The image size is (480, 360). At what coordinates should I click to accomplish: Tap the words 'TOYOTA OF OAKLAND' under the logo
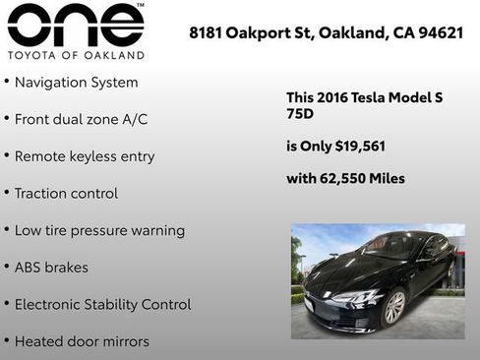(75, 55)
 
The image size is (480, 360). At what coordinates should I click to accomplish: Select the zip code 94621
(441, 32)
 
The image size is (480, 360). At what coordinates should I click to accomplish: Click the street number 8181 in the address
(206, 32)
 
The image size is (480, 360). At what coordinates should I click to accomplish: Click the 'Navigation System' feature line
(76, 83)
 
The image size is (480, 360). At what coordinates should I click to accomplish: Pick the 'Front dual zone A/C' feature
(81, 119)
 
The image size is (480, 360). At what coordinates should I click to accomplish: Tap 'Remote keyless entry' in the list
(84, 156)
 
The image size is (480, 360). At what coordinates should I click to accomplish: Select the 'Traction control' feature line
(65, 193)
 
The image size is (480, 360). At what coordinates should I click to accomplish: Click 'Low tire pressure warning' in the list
(98, 230)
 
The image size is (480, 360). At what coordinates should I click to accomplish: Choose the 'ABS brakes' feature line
(51, 267)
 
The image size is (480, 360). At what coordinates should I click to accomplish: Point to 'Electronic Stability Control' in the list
(102, 304)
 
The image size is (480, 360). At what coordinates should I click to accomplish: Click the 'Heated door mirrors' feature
(82, 341)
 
